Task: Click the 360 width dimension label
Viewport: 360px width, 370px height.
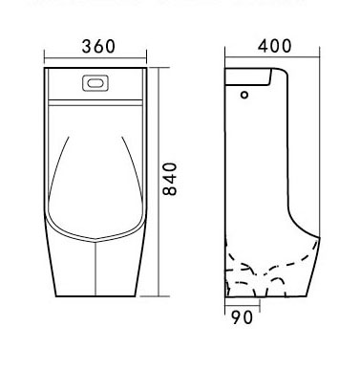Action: [x=98, y=47]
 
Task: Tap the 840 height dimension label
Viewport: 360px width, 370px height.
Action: [x=169, y=179]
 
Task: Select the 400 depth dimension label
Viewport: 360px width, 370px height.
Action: [x=274, y=46]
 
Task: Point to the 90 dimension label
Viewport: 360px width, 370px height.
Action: [x=242, y=317]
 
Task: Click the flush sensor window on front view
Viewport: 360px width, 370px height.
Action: [x=95, y=83]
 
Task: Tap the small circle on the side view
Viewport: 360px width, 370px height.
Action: [x=244, y=95]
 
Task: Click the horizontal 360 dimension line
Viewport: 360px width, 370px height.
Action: [x=95, y=58]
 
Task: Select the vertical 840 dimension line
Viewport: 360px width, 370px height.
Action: [x=159, y=182]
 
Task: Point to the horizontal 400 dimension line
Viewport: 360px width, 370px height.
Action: [x=272, y=57]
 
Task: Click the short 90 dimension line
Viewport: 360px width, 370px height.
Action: [x=243, y=306]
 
